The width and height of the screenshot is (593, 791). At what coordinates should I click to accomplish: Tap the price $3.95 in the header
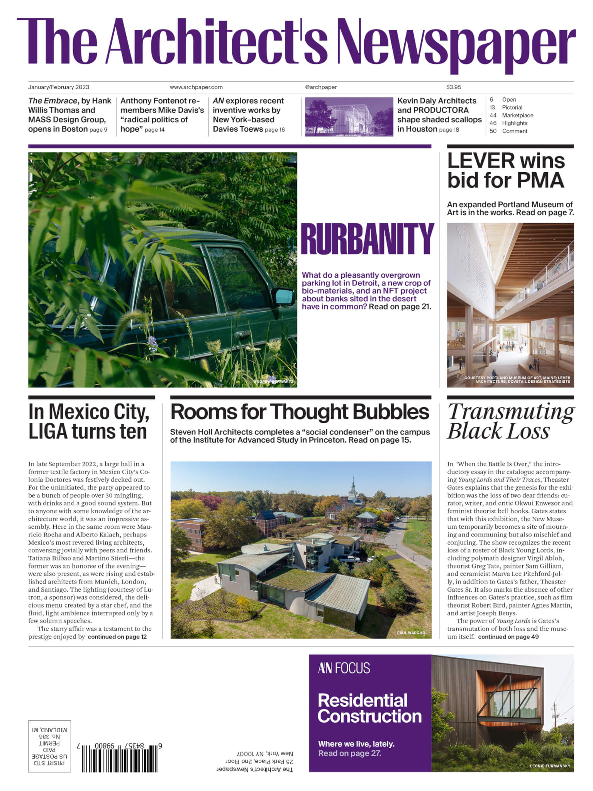click(454, 87)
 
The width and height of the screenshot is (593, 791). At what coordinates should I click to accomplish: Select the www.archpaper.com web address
click(196, 87)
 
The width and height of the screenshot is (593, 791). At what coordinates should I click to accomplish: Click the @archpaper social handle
click(320, 87)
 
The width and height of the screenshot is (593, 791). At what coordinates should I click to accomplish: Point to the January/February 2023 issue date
click(59, 87)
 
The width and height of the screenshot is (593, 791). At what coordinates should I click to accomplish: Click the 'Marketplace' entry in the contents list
click(517, 115)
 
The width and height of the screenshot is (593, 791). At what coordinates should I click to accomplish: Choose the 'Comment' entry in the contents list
click(514, 131)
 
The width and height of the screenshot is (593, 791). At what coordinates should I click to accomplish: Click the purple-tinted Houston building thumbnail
click(349, 117)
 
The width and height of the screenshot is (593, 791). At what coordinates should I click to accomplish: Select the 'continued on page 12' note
click(117, 637)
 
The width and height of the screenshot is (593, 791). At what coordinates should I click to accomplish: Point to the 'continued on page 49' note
click(508, 637)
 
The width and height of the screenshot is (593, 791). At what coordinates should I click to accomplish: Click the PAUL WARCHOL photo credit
click(412, 633)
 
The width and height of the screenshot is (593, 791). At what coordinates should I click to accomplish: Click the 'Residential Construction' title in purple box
click(369, 708)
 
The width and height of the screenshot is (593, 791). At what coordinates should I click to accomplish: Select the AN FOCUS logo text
click(344, 668)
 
